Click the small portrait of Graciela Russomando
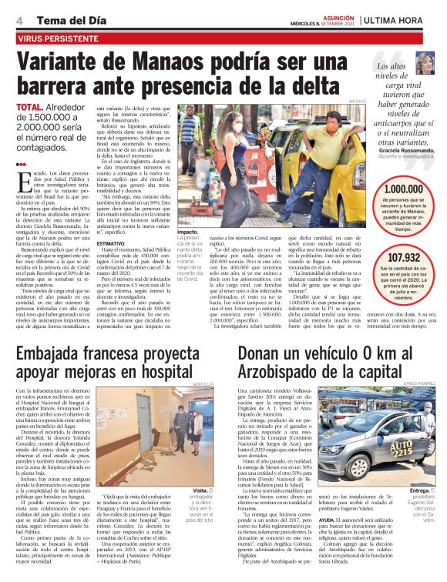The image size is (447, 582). point(425,62)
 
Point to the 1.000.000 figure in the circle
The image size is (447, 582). point(403,189)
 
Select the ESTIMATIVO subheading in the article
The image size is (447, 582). point(111,242)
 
